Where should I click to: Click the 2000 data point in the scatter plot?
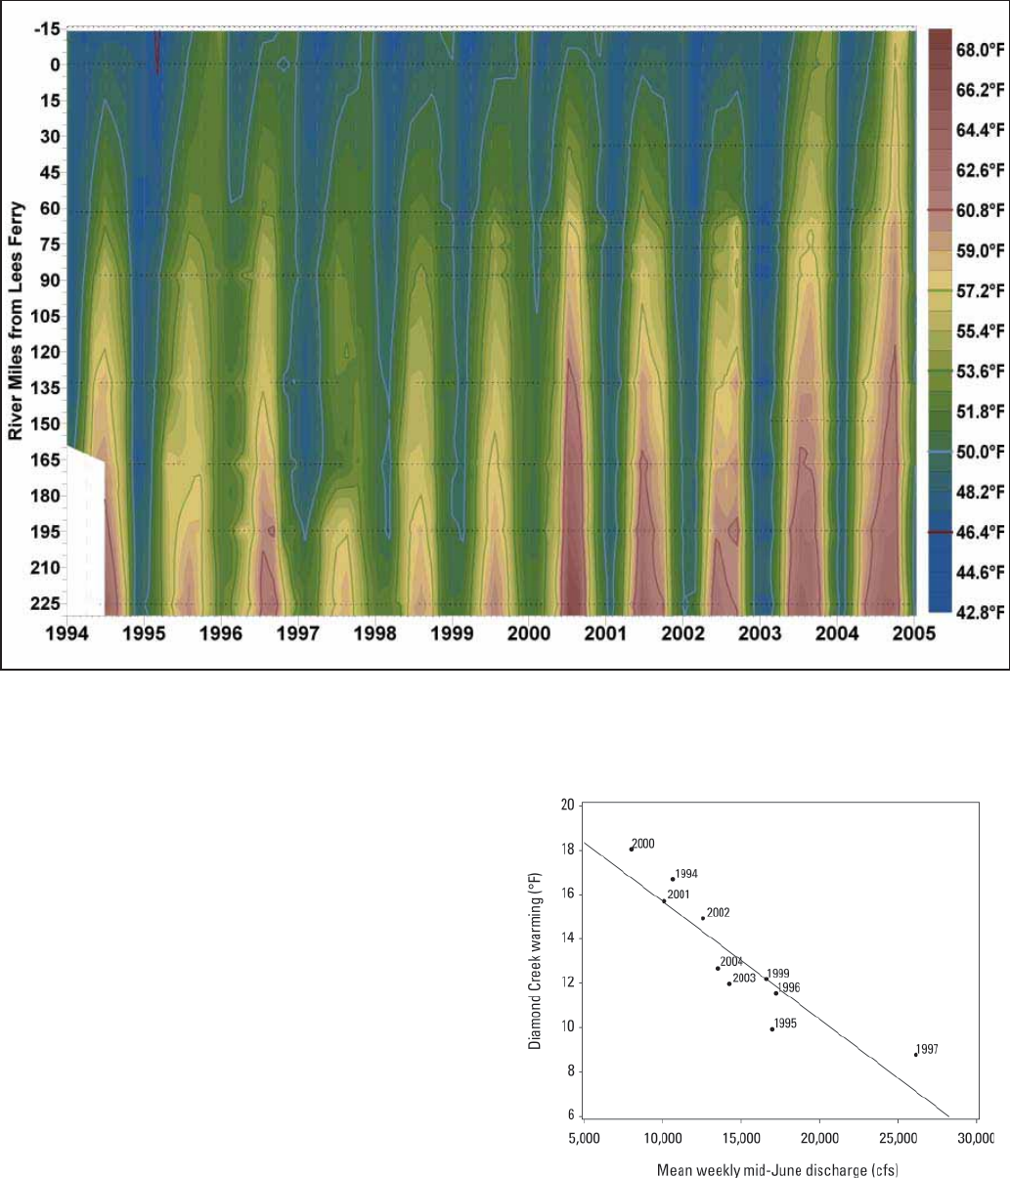click(631, 849)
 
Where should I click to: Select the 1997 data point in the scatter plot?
click(916, 1054)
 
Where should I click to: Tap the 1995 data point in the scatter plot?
click(771, 1028)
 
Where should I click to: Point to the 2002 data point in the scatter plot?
click(702, 918)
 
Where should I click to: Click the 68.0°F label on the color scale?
click(979, 48)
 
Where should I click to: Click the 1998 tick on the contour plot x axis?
click(374, 633)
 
